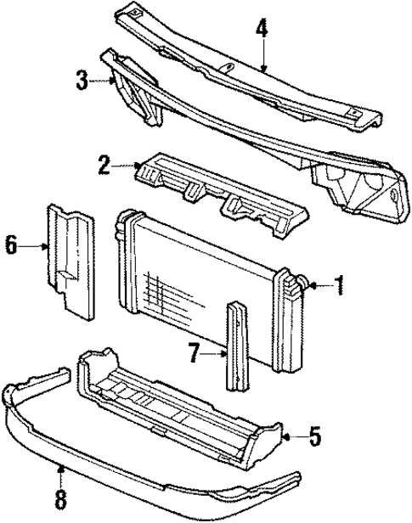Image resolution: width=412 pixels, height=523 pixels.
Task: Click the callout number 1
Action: pos(341,287)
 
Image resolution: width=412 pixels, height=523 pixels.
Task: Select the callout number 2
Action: pos(104,165)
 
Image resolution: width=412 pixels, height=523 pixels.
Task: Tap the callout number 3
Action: pos(82,81)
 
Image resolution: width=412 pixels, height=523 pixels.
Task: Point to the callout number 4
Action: pos(262,29)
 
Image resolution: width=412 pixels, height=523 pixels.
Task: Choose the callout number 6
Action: pos(11,246)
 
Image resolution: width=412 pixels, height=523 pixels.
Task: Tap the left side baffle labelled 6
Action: pos(72,263)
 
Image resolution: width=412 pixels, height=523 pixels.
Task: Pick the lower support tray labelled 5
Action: pos(178,399)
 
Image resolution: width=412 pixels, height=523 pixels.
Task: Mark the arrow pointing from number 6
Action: pos(34,246)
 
